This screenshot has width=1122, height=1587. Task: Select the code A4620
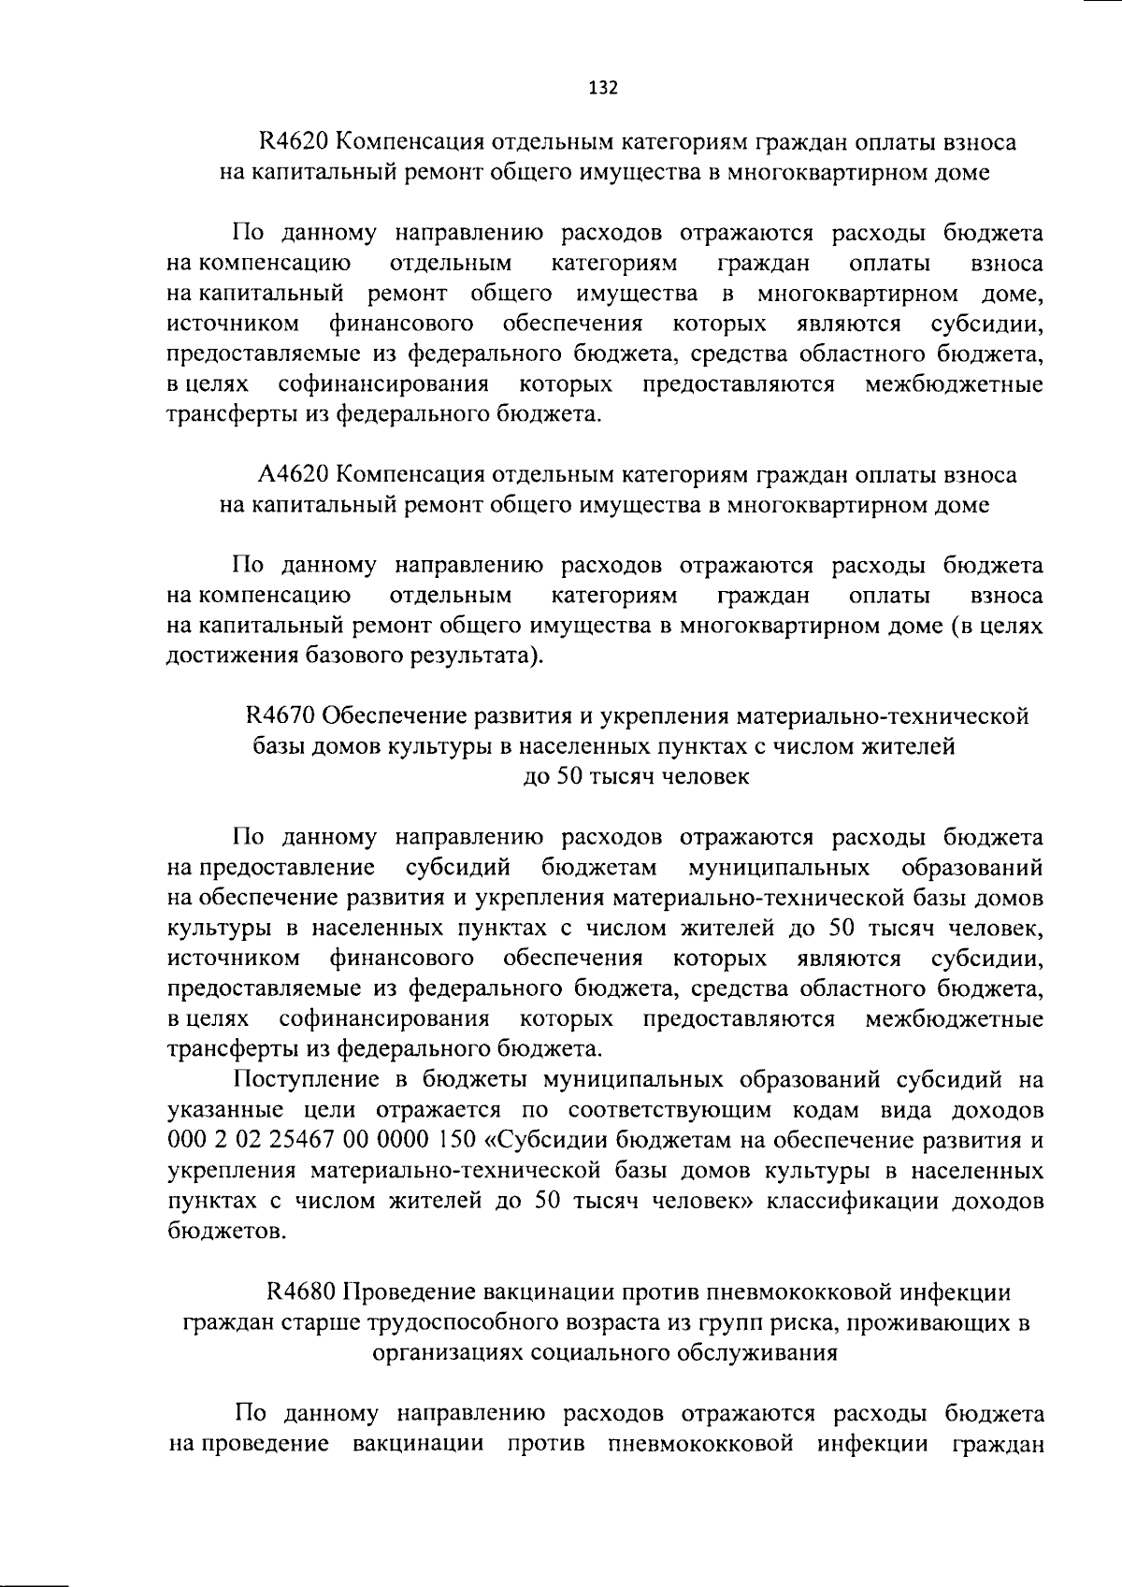[293, 475]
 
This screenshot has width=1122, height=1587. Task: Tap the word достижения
[230, 656]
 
